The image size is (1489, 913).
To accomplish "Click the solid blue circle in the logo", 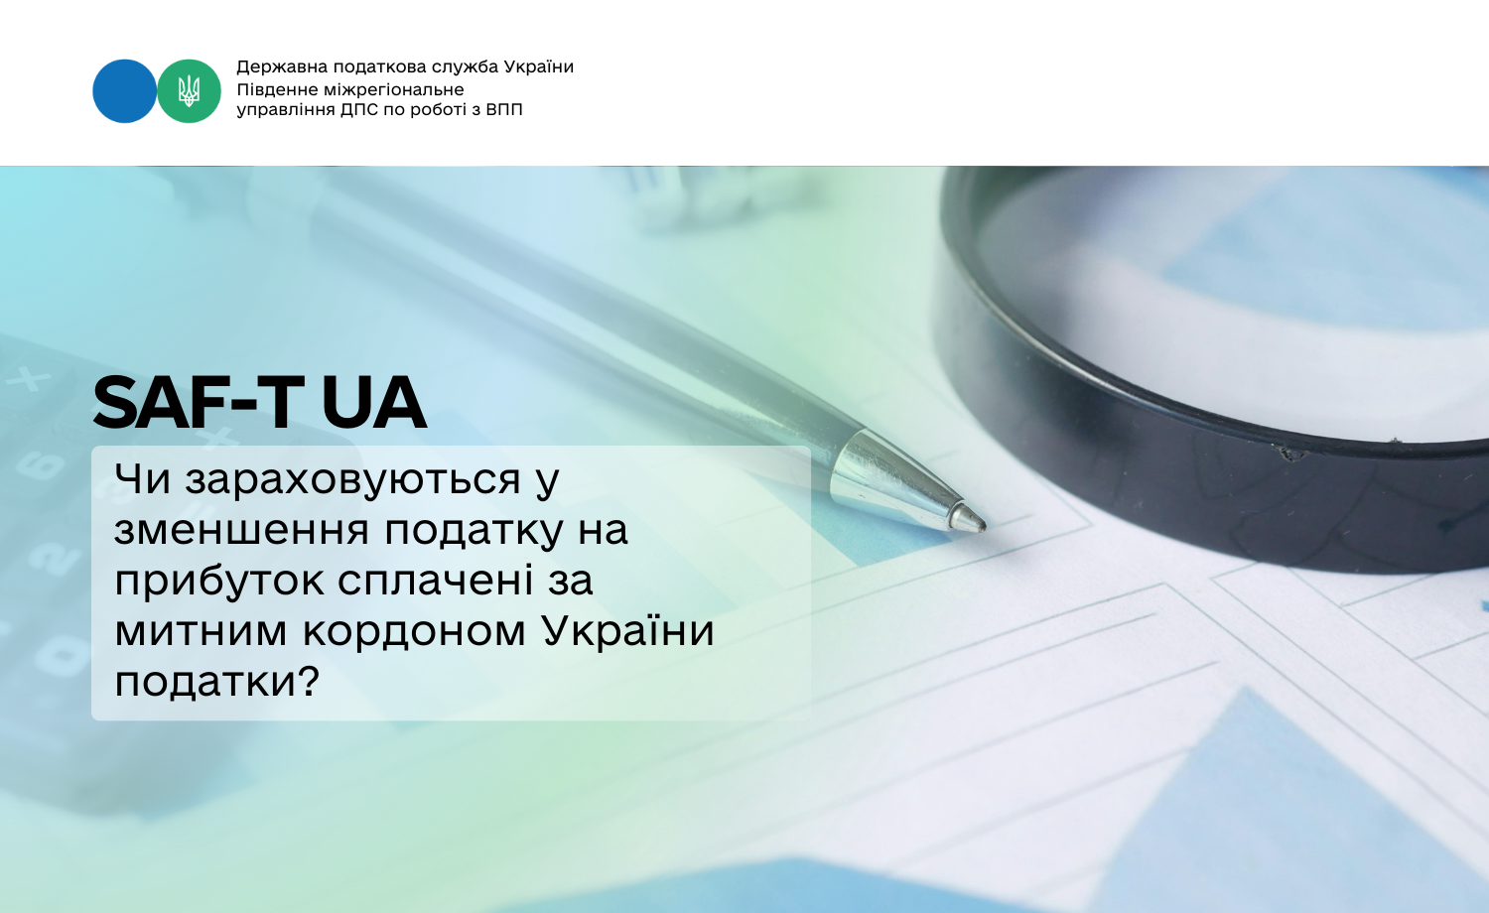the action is click(124, 91).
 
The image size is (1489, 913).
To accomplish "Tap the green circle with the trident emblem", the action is click(189, 91).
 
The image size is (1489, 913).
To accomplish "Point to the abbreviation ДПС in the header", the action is click(359, 109).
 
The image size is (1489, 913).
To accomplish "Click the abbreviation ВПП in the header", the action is click(504, 109).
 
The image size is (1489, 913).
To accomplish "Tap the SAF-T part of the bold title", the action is click(194, 403).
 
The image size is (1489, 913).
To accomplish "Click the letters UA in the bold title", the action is click(373, 403).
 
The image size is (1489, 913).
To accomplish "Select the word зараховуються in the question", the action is click(352, 479).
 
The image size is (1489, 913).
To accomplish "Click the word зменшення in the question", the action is click(241, 530).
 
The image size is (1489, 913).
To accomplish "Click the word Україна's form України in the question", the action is click(627, 630).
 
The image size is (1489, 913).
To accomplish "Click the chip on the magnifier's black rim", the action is click(1289, 454).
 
